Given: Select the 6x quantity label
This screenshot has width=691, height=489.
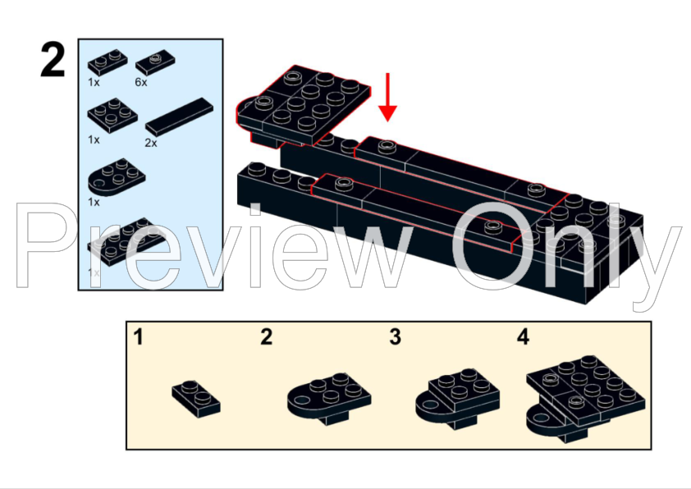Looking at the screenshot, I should (141, 82).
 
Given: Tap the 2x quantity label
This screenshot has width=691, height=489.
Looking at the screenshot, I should (152, 141).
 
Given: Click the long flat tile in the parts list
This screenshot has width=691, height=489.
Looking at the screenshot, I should (179, 116).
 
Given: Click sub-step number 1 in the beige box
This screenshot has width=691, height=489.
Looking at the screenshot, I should (140, 336).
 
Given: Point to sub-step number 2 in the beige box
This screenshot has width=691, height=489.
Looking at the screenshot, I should (266, 336).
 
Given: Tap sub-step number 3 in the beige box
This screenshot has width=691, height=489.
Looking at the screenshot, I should (395, 336).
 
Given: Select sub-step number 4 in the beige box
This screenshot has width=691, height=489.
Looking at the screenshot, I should (524, 336).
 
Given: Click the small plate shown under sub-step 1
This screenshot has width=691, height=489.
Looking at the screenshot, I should (196, 395).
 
